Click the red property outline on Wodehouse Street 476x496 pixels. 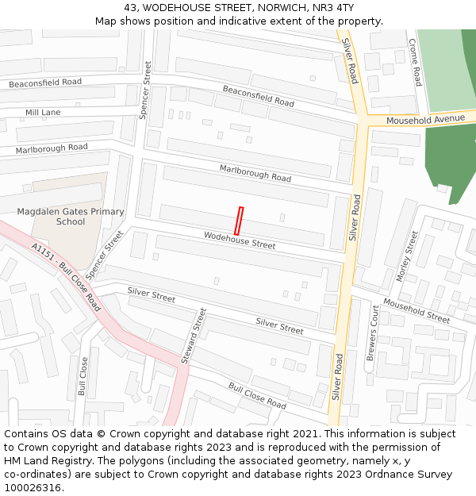(239, 221)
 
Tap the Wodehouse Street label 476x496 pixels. (240, 240)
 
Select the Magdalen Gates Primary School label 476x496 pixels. (71, 217)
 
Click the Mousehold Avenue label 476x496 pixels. (425, 119)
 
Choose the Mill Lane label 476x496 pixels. (43, 113)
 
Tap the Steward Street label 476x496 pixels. (193, 336)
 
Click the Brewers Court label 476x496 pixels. (371, 333)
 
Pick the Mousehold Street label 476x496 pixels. (416, 310)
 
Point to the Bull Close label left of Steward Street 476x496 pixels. (83, 376)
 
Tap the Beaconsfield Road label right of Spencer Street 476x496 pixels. (258, 97)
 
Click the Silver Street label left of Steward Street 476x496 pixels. (151, 295)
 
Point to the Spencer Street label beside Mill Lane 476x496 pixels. (145, 90)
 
